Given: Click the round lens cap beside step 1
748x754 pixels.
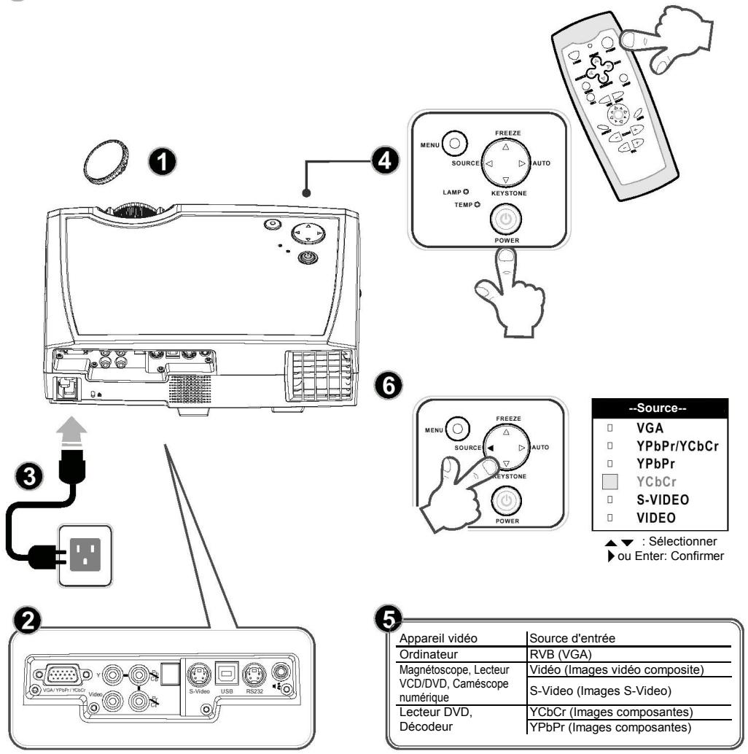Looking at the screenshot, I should pyautogui.click(x=104, y=150).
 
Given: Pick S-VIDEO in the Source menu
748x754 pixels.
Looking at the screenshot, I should pyautogui.click(x=664, y=500).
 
